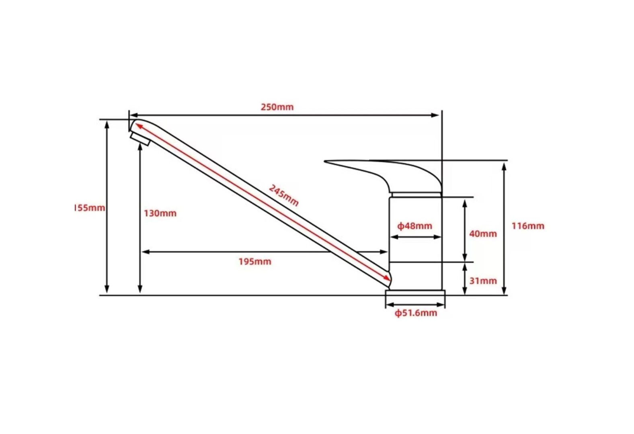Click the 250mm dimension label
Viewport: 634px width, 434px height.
click(x=277, y=107)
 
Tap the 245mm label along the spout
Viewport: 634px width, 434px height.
click(x=283, y=195)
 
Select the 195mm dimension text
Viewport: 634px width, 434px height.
click(x=255, y=262)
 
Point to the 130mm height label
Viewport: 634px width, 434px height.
click(x=160, y=213)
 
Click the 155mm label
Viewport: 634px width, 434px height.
click(x=90, y=208)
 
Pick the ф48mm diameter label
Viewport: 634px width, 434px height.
click(x=415, y=226)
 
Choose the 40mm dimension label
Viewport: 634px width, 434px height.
click(x=483, y=234)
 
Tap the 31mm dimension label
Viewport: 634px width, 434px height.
click(x=483, y=280)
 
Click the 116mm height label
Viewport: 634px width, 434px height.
click(x=528, y=226)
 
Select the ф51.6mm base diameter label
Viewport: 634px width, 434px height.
click(x=416, y=313)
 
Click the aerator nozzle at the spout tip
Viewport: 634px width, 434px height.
click(x=140, y=139)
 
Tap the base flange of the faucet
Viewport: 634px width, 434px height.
click(x=415, y=293)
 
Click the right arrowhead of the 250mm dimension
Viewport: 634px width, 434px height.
click(x=435, y=115)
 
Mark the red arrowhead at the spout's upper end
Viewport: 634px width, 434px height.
click(x=139, y=126)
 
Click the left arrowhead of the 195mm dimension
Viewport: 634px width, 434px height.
click(x=146, y=252)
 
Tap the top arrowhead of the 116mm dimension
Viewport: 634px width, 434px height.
click(x=504, y=167)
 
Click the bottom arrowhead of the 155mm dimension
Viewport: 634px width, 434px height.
click(x=107, y=289)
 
